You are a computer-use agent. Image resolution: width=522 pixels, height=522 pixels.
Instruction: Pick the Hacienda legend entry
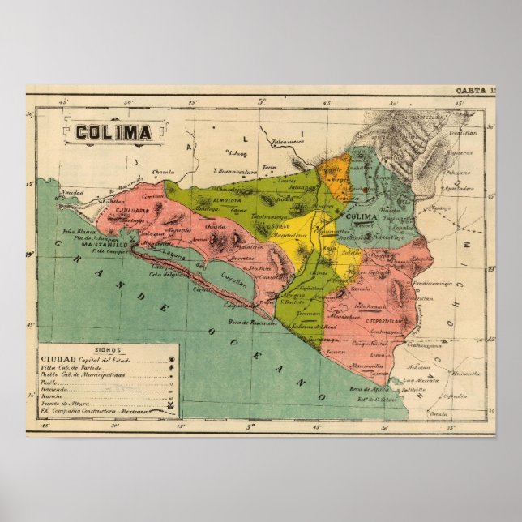click(55, 387)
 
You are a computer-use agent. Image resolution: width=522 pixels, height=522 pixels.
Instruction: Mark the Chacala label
click(164, 172)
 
